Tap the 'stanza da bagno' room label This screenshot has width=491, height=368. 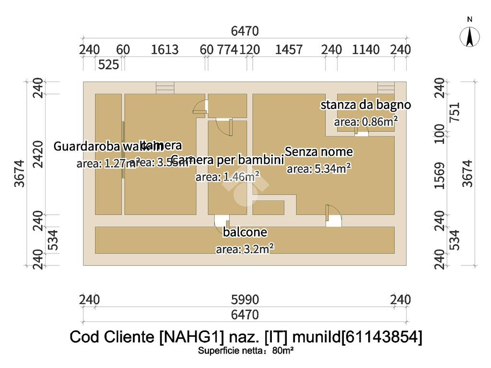tap(365, 105)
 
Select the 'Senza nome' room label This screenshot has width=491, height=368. tap(319, 152)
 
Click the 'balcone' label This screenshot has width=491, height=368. tap(245, 233)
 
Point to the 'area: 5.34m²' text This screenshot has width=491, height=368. tap(318, 168)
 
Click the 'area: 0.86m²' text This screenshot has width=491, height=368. tap(365, 122)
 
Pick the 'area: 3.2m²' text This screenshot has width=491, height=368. tap(245, 249)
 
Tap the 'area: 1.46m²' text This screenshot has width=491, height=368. tap(228, 177)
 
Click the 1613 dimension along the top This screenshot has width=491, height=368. tap(164, 50)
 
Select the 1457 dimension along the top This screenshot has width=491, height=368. tap(289, 50)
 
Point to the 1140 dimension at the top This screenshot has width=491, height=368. tap(366, 50)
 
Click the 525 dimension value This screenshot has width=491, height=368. tap(108, 65)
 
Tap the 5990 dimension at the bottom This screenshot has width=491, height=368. tap(245, 300)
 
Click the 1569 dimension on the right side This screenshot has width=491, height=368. tap(440, 175)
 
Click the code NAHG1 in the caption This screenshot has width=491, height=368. tap(189, 337)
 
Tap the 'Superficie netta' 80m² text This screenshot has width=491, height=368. tap(245, 351)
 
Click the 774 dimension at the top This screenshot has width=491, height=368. tap(228, 50)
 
